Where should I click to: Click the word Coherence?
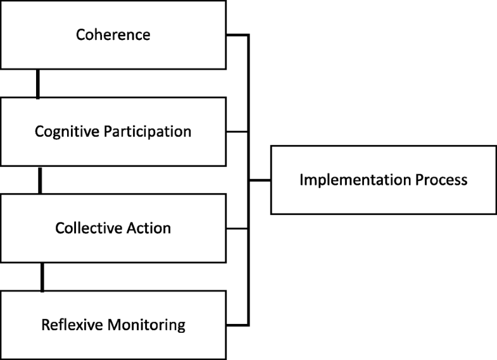point(113,35)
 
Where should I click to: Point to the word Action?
point(150,228)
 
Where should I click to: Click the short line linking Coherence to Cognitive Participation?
point(38,84)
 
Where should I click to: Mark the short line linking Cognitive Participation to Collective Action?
point(40,180)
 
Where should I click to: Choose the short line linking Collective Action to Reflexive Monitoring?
point(42,277)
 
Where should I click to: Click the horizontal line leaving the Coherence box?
point(236,35)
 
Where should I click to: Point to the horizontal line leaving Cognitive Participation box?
point(236,132)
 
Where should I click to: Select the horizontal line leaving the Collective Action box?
point(236,228)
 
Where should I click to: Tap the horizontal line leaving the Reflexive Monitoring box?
point(236,325)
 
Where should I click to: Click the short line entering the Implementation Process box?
point(260,180)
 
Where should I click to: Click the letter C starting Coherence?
point(80,35)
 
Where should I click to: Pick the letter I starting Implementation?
point(301,180)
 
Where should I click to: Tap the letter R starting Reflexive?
point(45,325)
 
